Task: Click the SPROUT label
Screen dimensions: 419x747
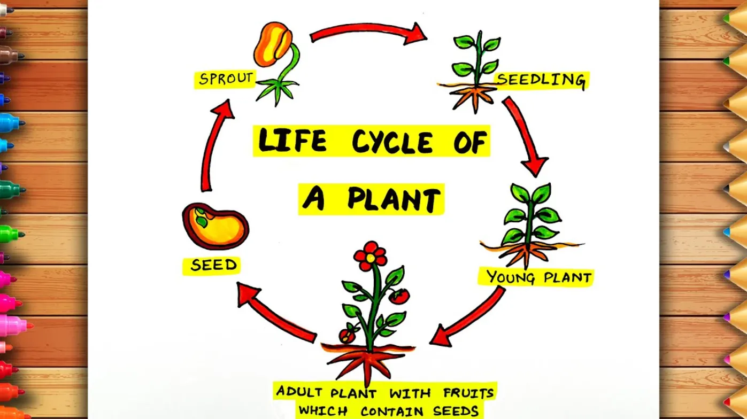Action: coord(225,80)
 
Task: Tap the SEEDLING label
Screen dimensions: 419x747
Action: coord(541,80)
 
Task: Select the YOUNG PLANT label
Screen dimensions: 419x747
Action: coord(538,277)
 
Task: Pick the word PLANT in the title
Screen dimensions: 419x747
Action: coord(394,199)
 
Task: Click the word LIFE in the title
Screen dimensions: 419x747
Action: coord(292,141)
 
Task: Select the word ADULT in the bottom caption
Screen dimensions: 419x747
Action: coord(299,392)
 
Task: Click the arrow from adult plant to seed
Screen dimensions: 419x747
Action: coord(275,313)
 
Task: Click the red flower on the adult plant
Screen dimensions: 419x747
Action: coord(370,254)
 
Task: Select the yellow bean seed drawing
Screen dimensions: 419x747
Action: coord(215,226)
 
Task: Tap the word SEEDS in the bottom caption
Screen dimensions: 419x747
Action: coord(457,412)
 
